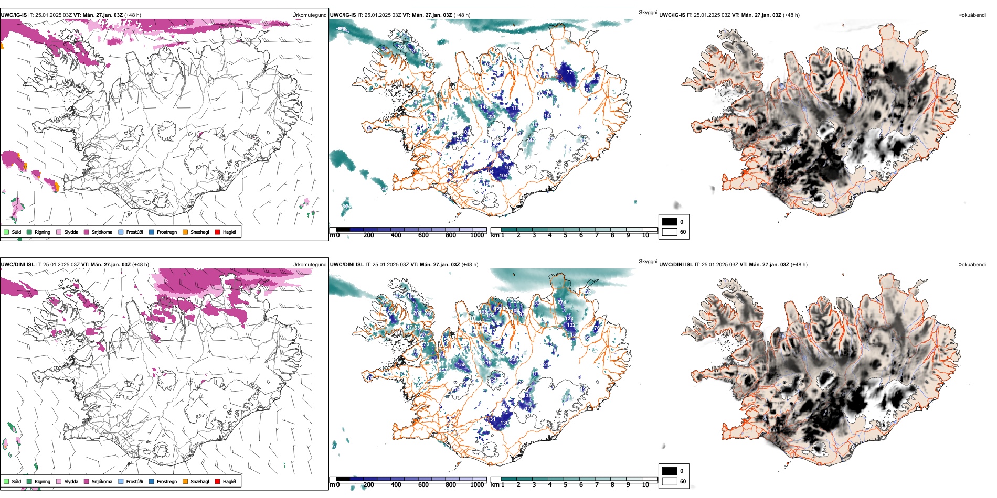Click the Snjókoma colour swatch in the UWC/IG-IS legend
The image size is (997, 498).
tap(87, 232)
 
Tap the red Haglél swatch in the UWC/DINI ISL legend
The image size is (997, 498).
tap(217, 481)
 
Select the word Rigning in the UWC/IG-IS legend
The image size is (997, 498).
tap(43, 232)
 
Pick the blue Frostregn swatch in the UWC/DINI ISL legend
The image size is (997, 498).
tap(152, 481)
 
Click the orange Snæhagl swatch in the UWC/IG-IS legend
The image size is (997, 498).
tap(185, 232)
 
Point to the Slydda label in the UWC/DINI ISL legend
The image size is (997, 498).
tap(71, 481)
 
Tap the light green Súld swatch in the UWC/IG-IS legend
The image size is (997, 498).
tap(6, 232)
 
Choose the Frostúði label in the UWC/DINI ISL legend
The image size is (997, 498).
tap(134, 481)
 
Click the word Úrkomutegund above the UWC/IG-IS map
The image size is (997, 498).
tap(309, 15)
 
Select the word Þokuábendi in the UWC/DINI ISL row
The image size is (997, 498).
tap(972, 265)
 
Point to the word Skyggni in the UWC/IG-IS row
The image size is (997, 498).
tap(648, 13)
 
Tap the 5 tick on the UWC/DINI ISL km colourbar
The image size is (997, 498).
tap(565, 485)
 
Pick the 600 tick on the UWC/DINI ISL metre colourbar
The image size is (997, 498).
tap(423, 485)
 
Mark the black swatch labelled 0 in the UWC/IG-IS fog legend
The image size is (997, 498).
tap(669, 221)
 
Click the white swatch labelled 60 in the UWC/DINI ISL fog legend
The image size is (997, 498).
tap(669, 481)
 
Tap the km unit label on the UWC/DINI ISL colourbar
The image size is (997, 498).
tap(494, 485)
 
